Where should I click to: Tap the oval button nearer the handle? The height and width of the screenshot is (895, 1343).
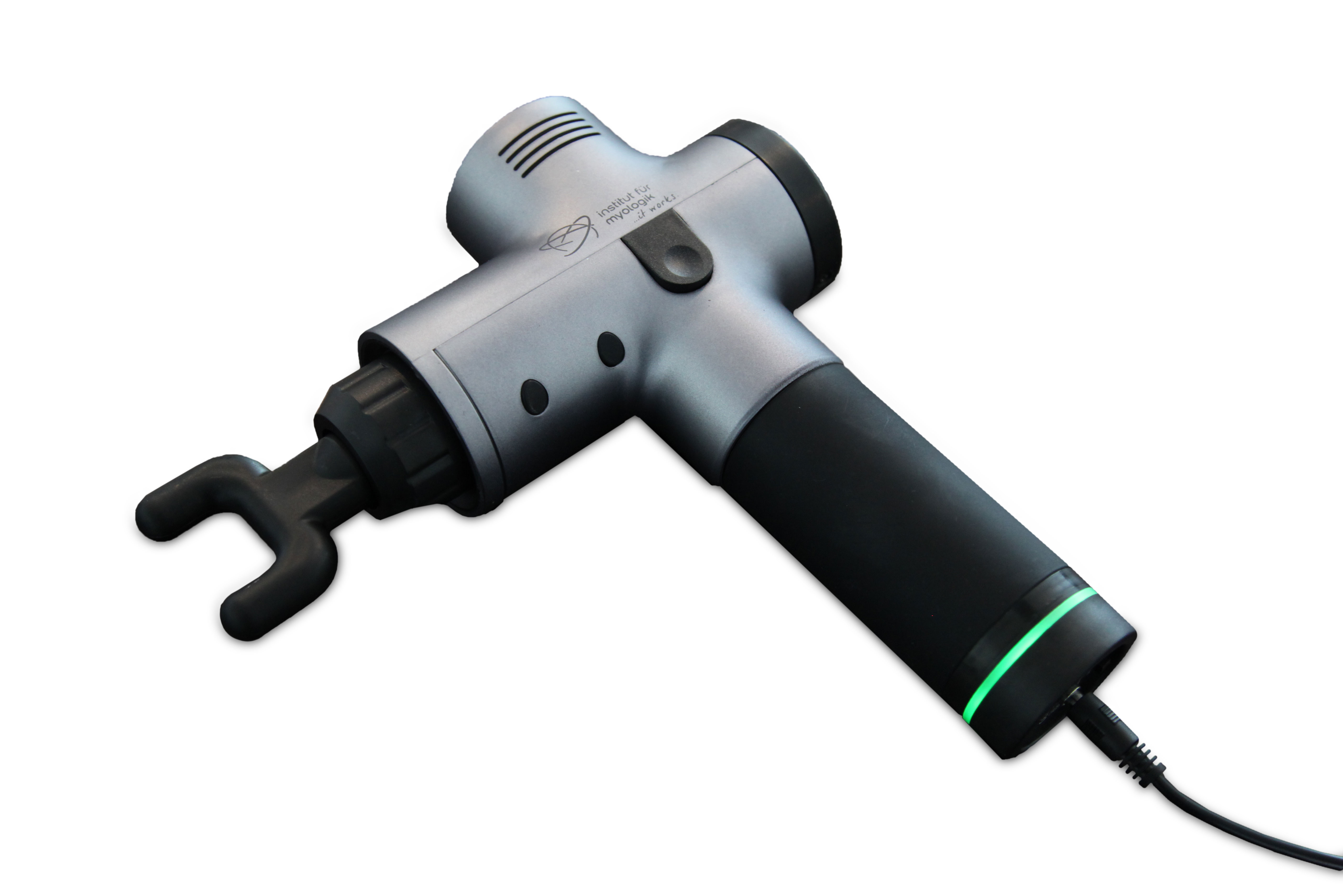611,349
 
